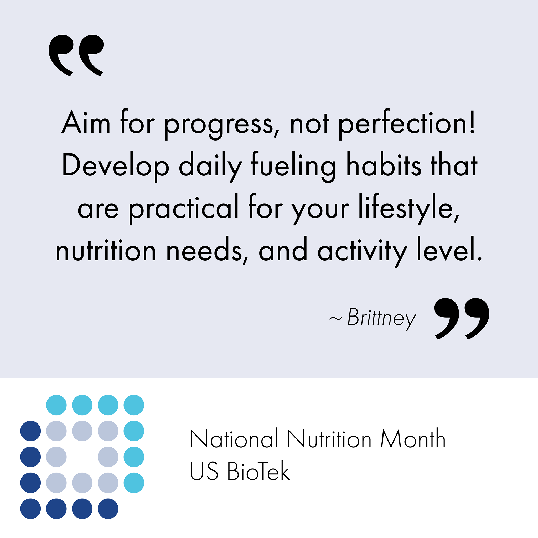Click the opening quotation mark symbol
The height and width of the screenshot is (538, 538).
(x=76, y=55)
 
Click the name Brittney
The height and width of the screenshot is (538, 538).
(x=382, y=319)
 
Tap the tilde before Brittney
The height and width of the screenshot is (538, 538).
(x=335, y=318)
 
